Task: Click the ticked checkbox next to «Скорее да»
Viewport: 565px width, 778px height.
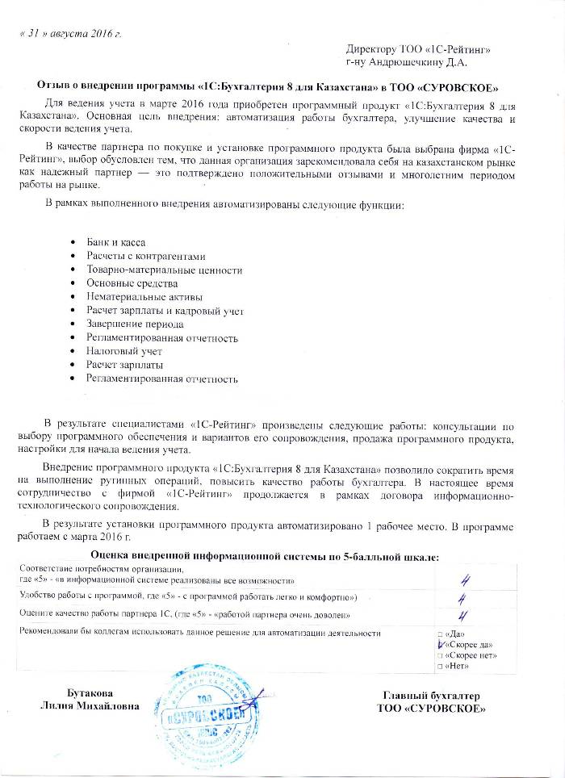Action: click(x=440, y=645)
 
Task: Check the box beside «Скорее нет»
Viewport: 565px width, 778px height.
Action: click(x=438, y=655)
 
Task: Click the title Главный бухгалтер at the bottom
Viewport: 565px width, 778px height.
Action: click(x=431, y=696)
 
